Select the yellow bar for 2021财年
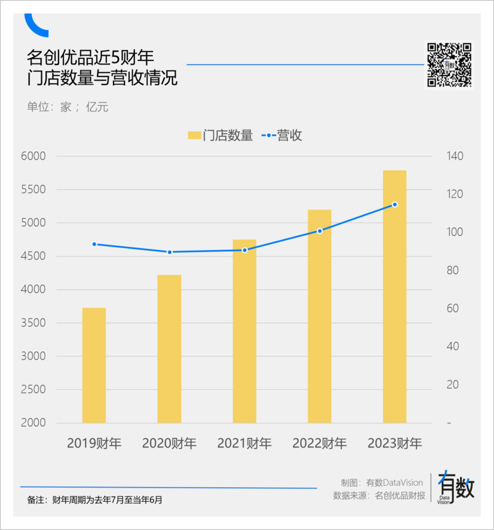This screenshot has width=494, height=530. (244, 331)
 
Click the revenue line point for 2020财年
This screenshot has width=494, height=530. (169, 252)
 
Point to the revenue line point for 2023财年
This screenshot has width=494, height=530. (395, 204)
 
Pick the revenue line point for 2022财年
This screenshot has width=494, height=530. (320, 231)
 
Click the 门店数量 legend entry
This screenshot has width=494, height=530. (220, 135)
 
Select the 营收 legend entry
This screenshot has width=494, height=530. (282, 135)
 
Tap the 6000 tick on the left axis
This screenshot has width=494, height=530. (33, 156)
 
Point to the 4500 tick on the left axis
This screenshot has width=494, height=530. (33, 256)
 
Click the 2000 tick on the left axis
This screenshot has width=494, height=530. (33, 423)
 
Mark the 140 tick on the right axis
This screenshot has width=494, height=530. (455, 156)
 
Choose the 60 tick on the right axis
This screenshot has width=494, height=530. (452, 308)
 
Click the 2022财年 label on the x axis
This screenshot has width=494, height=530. (320, 443)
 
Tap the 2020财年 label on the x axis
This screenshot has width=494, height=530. (169, 443)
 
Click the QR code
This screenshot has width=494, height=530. (449, 65)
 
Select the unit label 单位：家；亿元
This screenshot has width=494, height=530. (68, 107)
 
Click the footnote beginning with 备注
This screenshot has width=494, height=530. (95, 500)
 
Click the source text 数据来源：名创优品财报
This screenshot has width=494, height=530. (379, 496)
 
